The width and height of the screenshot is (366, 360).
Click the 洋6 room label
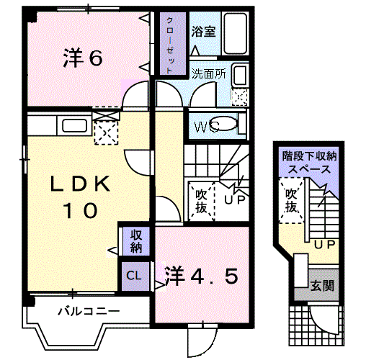click(83, 58)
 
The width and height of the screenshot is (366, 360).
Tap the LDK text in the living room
click(80, 184)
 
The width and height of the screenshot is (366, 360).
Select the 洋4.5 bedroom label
click(201, 276)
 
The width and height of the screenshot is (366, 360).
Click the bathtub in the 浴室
click(235, 33)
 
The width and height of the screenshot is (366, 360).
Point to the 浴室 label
click(204, 31)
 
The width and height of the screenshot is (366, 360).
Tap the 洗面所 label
click(209, 73)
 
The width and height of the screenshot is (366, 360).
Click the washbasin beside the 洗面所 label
click(239, 75)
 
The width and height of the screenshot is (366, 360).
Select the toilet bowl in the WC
click(225, 124)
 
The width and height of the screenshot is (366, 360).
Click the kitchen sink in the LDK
click(74, 125)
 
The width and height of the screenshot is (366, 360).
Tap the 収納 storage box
click(136, 241)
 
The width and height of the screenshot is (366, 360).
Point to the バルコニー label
click(89, 312)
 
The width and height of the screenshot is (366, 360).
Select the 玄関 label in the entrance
click(322, 286)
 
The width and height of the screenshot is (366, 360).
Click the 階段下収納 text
click(309, 156)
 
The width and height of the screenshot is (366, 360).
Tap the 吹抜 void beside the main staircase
click(201, 202)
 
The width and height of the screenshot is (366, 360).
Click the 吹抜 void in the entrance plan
click(291, 201)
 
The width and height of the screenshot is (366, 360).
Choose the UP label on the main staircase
click(234, 199)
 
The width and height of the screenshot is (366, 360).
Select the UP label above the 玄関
click(324, 245)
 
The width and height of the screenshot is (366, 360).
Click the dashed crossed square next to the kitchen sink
click(106, 132)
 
